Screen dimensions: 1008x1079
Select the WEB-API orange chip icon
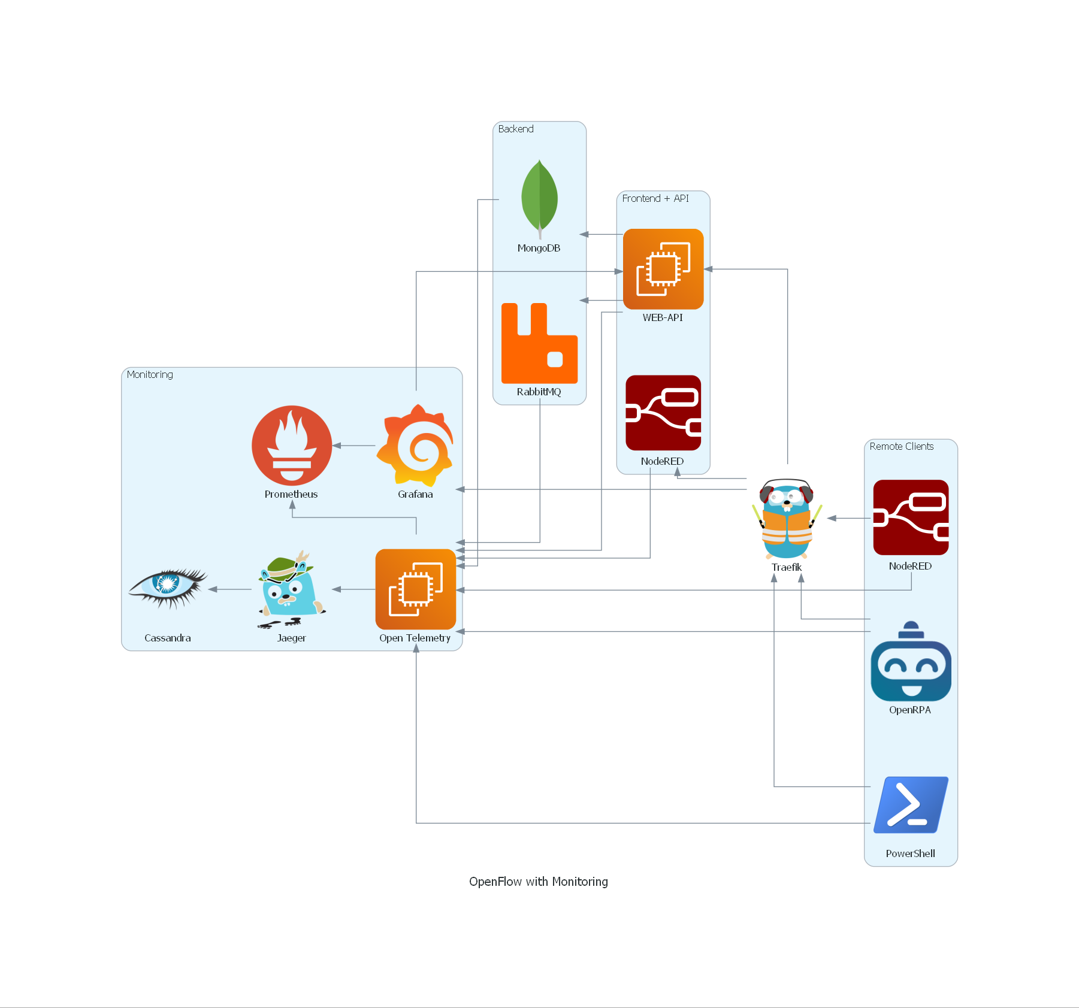point(663,269)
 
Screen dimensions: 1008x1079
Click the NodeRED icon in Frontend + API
point(663,413)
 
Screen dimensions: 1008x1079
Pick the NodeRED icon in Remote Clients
point(911,517)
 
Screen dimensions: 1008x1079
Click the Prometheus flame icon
point(292,446)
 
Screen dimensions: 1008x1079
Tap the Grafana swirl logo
point(415,446)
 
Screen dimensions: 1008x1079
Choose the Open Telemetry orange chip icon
point(415,589)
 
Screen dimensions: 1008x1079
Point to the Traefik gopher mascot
point(787,519)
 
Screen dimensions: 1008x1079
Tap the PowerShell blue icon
point(911,805)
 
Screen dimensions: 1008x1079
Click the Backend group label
point(516,129)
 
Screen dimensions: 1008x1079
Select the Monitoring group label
point(150,374)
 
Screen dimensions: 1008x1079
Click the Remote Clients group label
point(901,446)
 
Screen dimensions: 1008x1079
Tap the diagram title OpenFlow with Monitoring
point(538,881)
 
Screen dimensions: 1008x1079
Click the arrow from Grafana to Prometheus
point(354,446)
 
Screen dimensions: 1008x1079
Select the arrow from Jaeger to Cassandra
point(230,589)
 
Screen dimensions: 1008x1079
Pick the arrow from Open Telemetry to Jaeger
point(354,589)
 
